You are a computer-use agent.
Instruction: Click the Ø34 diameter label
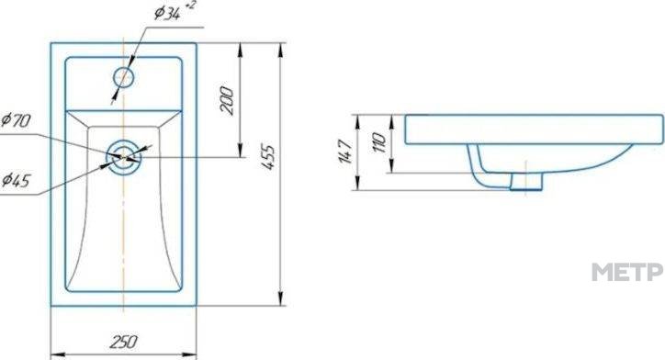pyautogui.click(x=166, y=14)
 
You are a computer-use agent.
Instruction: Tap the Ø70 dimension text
pyautogui.click(x=17, y=121)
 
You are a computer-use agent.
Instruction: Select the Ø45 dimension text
pyautogui.click(x=17, y=181)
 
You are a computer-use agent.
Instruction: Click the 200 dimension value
pyautogui.click(x=227, y=100)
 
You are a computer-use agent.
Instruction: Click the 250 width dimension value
pyautogui.click(x=124, y=342)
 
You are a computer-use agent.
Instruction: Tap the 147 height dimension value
pyautogui.click(x=345, y=152)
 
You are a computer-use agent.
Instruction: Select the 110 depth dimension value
pyautogui.click(x=378, y=142)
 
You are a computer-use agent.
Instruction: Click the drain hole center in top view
pyautogui.click(x=123, y=157)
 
